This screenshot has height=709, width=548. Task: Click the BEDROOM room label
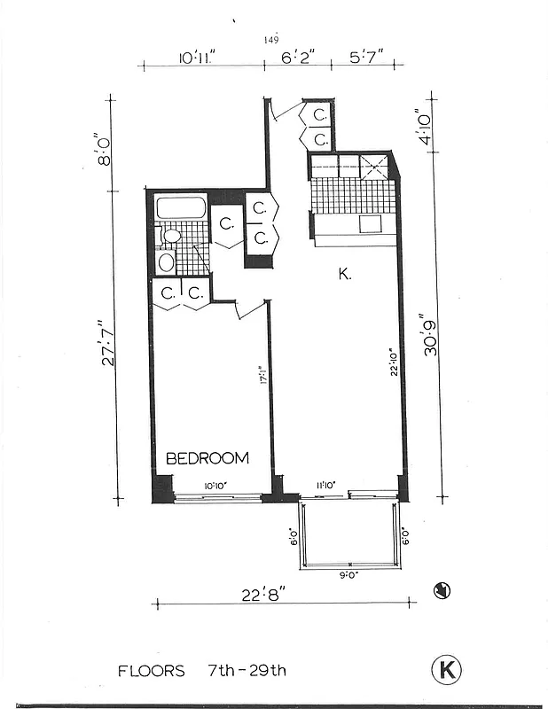tap(207, 458)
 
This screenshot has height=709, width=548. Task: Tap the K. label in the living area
tap(345, 275)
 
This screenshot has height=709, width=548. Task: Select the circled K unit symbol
tap(446, 669)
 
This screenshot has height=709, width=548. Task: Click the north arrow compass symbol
tap(440, 591)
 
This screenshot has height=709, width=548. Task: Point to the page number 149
tap(271, 40)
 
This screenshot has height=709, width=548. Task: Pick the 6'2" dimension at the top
tap(297, 58)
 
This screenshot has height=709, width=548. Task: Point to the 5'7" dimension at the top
tap(366, 58)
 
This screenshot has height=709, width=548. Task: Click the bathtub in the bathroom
tap(181, 208)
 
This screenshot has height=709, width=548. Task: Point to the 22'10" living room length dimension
tap(390, 361)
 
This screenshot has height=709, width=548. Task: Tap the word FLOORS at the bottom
tap(151, 670)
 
